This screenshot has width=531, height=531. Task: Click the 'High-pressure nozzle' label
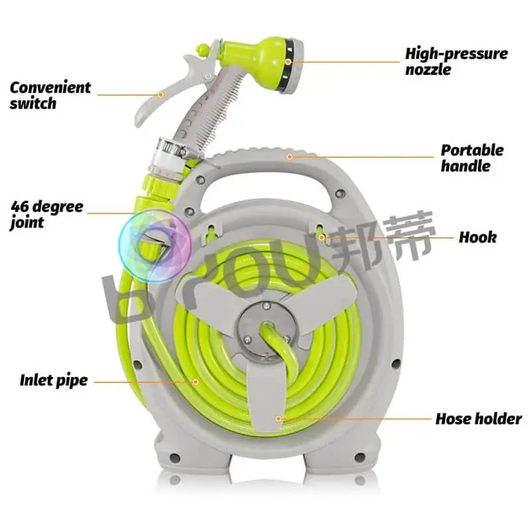(456, 61)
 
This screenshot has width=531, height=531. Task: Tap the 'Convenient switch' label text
(50, 95)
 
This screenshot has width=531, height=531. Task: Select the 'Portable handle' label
(472, 158)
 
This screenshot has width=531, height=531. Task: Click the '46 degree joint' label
(46, 214)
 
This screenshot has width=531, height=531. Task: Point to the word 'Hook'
(477, 237)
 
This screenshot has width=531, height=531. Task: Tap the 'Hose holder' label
(478, 419)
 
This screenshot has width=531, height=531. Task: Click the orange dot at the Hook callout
(321, 237)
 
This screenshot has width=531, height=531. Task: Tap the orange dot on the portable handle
(289, 157)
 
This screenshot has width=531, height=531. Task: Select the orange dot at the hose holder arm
(279, 418)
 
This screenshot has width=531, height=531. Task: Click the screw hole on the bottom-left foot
(175, 457)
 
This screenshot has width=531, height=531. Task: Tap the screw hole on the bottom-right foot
(359, 457)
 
